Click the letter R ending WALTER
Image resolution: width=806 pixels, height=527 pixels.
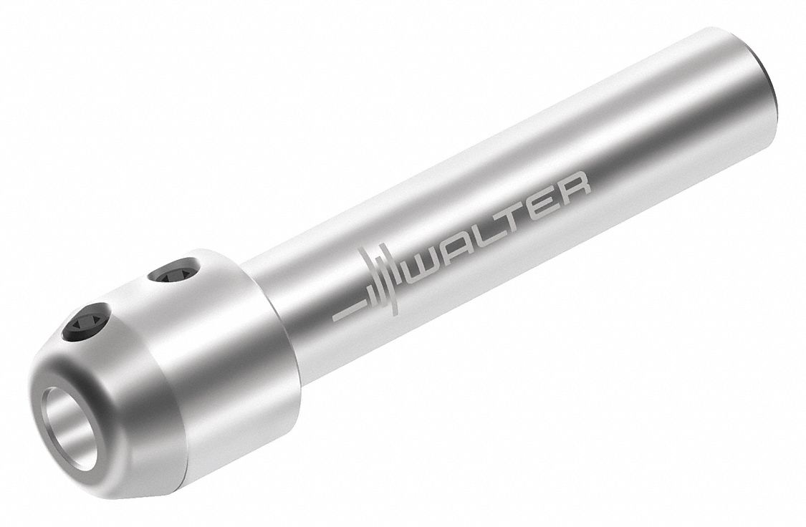pyautogui.click(x=575, y=188)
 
